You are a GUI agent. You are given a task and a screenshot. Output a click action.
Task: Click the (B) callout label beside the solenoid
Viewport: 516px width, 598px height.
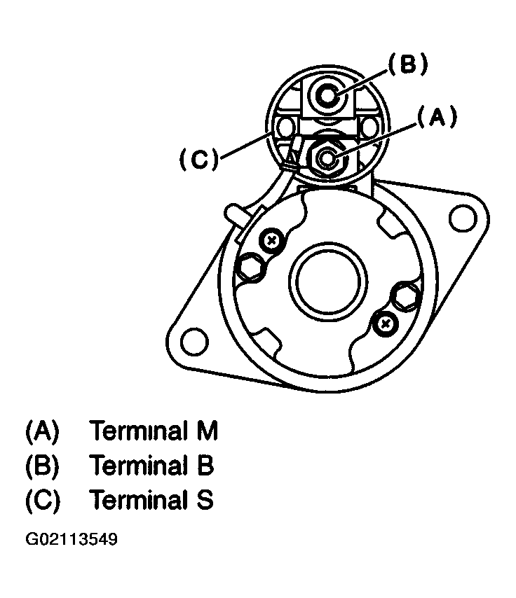tap(407, 65)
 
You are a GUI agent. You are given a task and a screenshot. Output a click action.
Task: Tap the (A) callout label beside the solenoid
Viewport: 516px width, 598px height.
tap(436, 118)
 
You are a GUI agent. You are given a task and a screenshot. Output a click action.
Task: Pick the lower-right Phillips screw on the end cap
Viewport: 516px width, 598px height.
tap(385, 323)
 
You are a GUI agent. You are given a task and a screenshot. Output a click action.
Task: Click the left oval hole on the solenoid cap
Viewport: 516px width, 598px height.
tap(285, 128)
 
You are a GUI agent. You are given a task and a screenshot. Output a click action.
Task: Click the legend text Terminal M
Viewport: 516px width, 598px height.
tap(154, 431)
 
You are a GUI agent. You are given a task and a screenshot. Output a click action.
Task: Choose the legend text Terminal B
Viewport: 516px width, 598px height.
tap(152, 465)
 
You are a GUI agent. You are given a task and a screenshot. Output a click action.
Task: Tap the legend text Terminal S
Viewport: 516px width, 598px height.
tap(152, 500)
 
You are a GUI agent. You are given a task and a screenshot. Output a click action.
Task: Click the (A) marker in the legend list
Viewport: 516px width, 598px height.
tap(43, 431)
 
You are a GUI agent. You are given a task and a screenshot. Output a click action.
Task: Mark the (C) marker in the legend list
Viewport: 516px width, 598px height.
tap(43, 500)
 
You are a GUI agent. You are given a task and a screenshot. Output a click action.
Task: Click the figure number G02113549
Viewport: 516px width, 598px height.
tap(72, 540)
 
